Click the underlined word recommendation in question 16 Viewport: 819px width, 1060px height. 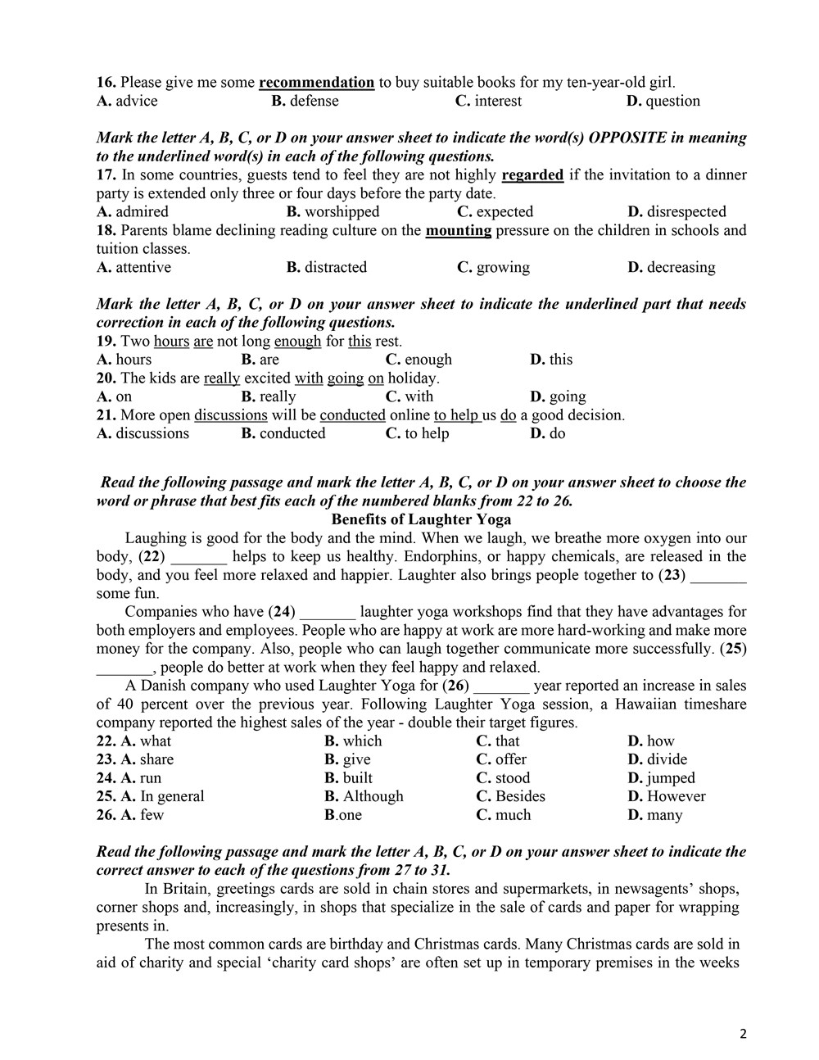click(x=316, y=82)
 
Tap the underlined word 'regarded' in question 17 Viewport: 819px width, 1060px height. click(x=532, y=174)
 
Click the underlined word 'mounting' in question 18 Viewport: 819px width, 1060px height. click(x=458, y=230)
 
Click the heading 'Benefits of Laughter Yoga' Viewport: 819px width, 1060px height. click(x=421, y=519)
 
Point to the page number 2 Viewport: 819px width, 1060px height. click(x=743, y=1033)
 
